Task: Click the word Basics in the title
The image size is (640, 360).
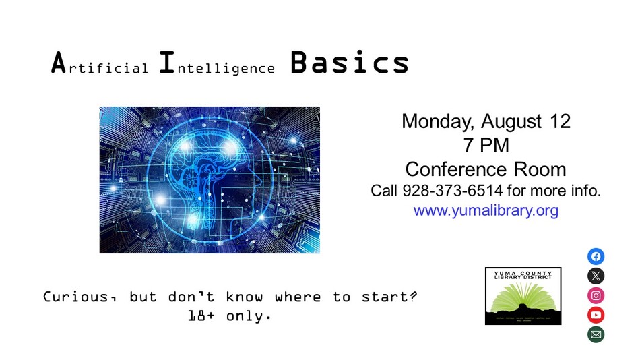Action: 350,63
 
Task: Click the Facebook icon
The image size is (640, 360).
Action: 596,256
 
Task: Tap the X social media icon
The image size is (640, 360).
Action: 596,276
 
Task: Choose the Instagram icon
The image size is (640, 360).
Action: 596,295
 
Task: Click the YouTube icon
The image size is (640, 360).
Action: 596,315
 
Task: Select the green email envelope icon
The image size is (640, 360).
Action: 596,334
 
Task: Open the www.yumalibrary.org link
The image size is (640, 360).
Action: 486,210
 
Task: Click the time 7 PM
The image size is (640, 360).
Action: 486,144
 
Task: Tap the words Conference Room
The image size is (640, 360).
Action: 486,168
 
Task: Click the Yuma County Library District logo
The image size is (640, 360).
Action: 523,296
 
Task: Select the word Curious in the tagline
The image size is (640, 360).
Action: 74,297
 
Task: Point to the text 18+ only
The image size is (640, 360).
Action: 230,315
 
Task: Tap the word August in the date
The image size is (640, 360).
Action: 512,121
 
